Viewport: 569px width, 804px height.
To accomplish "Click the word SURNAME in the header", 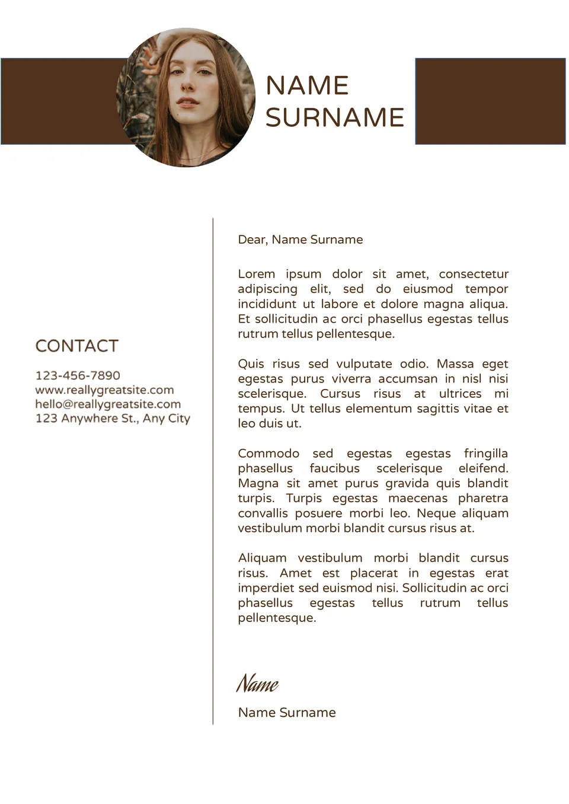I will tap(334, 117).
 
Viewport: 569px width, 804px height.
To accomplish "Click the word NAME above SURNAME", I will tap(306, 85).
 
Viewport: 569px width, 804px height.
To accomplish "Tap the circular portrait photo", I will tap(186, 98).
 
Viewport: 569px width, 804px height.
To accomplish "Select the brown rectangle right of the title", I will tap(490, 101).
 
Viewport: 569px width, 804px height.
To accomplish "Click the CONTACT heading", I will tap(77, 346).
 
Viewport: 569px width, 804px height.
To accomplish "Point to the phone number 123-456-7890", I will tap(78, 375).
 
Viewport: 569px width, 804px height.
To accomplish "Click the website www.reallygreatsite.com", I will tap(104, 390).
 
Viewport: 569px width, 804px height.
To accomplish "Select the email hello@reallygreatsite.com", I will tap(108, 404).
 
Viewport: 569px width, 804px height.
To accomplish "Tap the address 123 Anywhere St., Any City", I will tap(113, 418).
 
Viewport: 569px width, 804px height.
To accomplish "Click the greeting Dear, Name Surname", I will tap(300, 240).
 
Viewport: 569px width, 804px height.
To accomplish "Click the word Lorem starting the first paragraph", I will tap(256, 274).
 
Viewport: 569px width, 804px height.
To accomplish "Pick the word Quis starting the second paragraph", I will tap(251, 363).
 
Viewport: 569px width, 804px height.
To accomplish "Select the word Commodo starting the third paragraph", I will tap(268, 453).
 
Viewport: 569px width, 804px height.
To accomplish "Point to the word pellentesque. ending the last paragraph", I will tap(277, 618).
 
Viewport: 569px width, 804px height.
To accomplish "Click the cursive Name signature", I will tap(257, 684).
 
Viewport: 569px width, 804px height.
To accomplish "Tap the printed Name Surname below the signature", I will tap(287, 712).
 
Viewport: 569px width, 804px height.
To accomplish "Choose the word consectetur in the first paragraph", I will tap(474, 274).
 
